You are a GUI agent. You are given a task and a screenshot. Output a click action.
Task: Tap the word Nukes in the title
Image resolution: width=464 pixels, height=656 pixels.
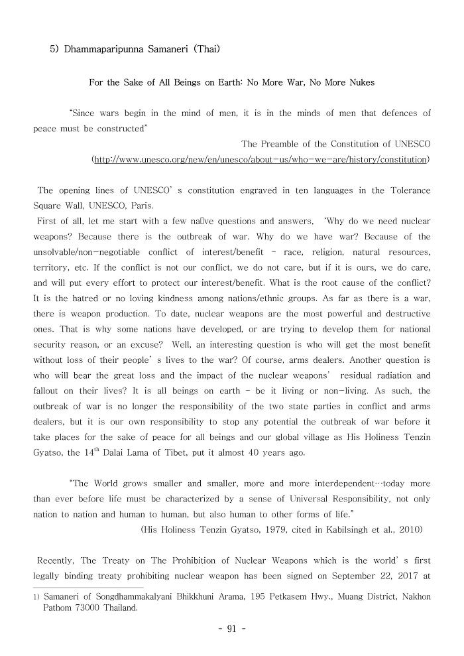pos(361,82)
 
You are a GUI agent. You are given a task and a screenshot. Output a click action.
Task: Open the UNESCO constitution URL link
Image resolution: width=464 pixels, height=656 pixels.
pos(259,160)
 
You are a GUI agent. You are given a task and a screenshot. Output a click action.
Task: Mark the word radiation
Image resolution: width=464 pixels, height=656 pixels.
pos(382,375)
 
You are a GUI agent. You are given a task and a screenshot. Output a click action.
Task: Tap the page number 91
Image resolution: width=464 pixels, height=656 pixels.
pos(231,629)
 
